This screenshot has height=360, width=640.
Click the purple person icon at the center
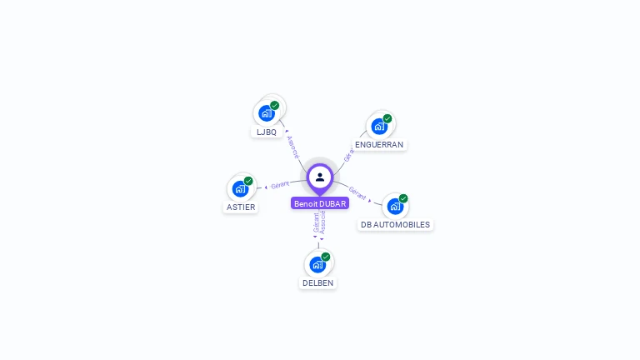(320, 177)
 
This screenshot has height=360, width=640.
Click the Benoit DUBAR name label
(320, 203)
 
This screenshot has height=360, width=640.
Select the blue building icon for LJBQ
(266, 112)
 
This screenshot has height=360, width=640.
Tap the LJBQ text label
(267, 132)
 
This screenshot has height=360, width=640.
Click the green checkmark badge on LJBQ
(275, 105)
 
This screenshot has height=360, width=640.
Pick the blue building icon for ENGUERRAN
(378, 126)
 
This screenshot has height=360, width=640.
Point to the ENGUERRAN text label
(379, 144)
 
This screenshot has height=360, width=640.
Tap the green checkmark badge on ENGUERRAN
(387, 118)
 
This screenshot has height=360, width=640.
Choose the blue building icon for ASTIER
(240, 188)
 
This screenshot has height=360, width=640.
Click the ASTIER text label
(241, 207)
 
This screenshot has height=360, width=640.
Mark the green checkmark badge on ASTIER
(248, 181)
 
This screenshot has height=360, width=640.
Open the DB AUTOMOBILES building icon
(395, 206)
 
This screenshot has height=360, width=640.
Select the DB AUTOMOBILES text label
(395, 224)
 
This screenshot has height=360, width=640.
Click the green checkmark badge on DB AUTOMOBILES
(403, 198)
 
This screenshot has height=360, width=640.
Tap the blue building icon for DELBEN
(317, 264)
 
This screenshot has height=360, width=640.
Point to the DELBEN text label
(317, 282)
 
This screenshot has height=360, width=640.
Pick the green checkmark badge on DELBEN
(326, 257)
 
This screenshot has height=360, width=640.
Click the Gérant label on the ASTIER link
(280, 184)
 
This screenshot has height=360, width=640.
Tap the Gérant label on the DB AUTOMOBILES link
(357, 193)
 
